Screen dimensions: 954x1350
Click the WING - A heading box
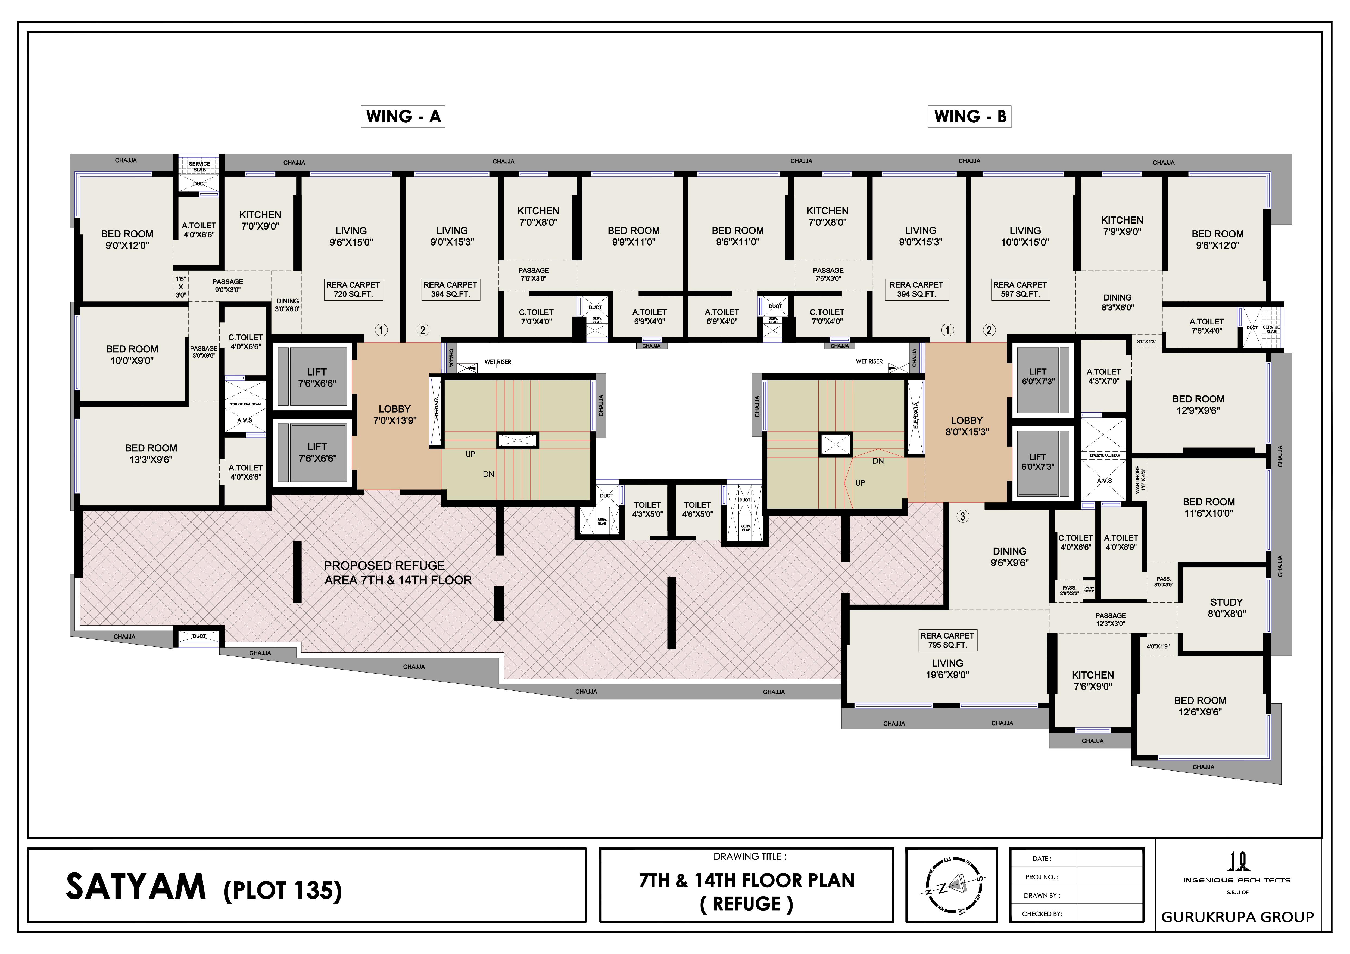click(x=403, y=116)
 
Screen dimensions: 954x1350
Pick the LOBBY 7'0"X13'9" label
click(x=395, y=415)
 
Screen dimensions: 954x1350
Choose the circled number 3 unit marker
click(x=962, y=516)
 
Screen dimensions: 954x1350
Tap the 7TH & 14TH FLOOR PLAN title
click(x=746, y=881)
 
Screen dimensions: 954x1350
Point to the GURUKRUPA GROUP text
click(x=1237, y=917)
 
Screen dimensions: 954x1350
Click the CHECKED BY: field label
click(x=1041, y=914)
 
